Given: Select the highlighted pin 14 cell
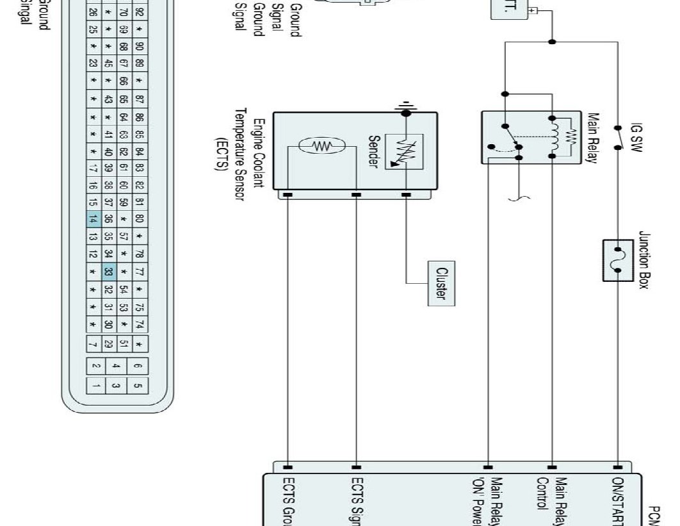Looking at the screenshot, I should [x=93, y=219].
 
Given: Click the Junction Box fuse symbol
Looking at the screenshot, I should [x=619, y=260].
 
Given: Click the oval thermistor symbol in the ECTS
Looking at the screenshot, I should [x=323, y=147].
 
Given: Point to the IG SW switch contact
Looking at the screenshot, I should [x=618, y=136].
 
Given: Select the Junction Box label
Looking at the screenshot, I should [x=644, y=260].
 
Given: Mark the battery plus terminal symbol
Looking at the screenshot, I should [x=531, y=11].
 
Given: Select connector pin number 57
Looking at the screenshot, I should [x=124, y=236].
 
